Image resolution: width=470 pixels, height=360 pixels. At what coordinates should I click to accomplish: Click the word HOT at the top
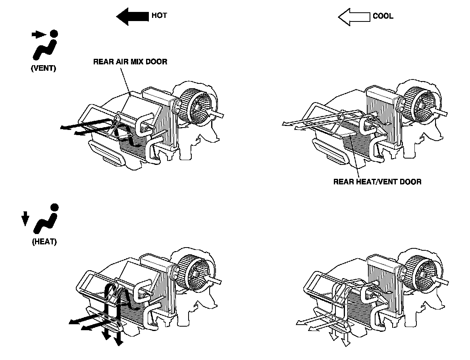[159, 16]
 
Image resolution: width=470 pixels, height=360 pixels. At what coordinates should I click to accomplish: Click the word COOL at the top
[383, 16]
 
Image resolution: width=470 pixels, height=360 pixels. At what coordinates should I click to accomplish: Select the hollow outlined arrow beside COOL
[354, 17]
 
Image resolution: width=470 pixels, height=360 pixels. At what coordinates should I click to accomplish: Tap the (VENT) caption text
[44, 68]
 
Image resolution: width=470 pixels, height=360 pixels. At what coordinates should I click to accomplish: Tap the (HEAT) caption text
[44, 242]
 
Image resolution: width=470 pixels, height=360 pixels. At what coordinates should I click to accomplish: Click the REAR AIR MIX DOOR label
[130, 62]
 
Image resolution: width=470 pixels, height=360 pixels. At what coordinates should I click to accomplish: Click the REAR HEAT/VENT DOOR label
[377, 182]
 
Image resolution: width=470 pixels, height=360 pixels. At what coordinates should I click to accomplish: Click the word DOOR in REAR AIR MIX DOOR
[158, 62]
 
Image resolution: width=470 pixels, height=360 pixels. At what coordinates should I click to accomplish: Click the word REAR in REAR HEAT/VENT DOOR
[343, 182]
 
